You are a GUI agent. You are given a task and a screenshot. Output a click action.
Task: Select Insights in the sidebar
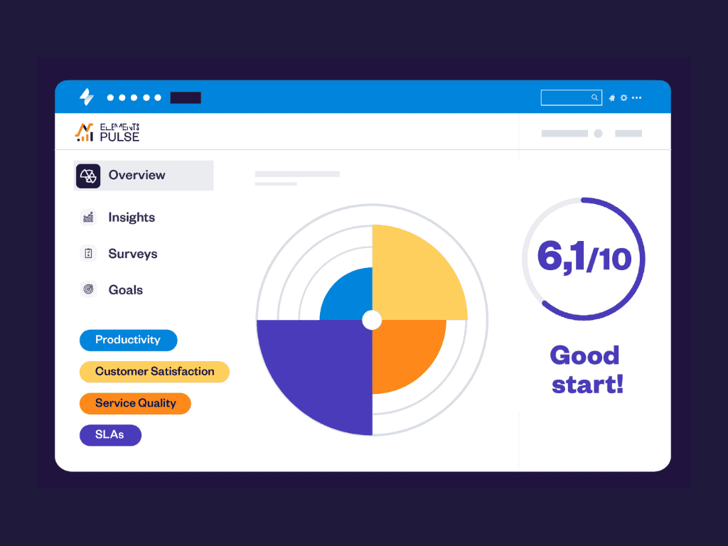tap(131, 218)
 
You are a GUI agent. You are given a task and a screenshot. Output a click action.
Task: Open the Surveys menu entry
tap(132, 254)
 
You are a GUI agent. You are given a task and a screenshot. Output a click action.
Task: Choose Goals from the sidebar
tap(125, 290)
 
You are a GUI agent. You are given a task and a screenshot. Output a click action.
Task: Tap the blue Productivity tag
tap(128, 340)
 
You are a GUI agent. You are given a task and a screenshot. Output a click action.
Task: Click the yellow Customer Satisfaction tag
tap(154, 372)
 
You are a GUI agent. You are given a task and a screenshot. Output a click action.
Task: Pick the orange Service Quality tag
tap(135, 403)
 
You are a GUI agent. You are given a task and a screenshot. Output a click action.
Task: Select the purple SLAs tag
tap(110, 435)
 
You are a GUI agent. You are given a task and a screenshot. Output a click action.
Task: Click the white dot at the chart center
tap(372, 320)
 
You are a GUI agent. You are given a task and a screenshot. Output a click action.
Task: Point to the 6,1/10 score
tap(584, 258)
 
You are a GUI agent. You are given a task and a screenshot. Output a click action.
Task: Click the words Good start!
tap(585, 370)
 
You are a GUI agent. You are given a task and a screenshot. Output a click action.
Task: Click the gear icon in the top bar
tap(623, 98)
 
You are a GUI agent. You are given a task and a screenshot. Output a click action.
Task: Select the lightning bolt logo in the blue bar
tap(86, 97)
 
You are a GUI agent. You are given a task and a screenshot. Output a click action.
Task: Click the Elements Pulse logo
tap(107, 132)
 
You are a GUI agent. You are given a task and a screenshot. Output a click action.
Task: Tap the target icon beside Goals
tap(88, 290)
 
